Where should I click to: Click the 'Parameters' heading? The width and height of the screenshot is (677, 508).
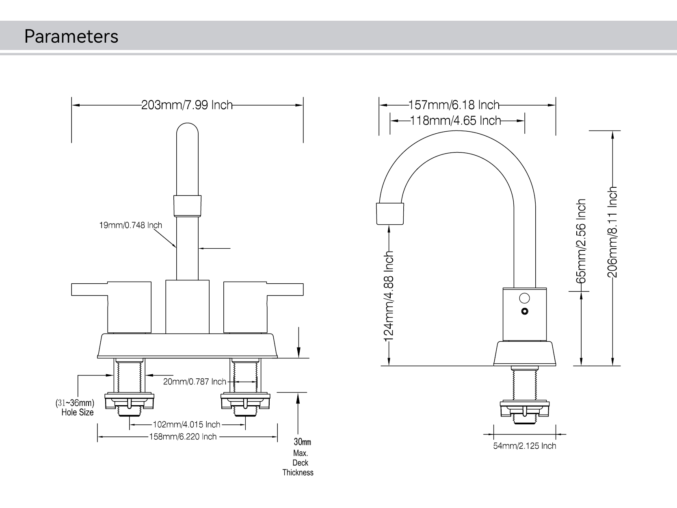pyautogui.click(x=71, y=36)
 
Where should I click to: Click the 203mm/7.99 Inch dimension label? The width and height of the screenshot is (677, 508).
pyautogui.click(x=187, y=105)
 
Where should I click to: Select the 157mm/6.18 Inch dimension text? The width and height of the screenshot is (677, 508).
pyautogui.click(x=454, y=105)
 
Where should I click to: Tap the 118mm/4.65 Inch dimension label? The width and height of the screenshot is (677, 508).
pyautogui.click(x=456, y=121)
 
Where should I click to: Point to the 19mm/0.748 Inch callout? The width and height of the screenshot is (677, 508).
pyautogui.click(x=130, y=225)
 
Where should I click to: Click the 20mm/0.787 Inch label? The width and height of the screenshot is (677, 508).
pyautogui.click(x=195, y=382)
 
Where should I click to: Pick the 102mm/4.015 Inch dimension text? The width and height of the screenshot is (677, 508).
pyautogui.click(x=186, y=425)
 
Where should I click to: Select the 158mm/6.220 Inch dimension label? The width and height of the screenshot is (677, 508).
pyautogui.click(x=183, y=437)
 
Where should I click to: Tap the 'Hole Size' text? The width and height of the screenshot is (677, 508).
pyautogui.click(x=78, y=412)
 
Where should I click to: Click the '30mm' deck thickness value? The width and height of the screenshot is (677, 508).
pyautogui.click(x=302, y=442)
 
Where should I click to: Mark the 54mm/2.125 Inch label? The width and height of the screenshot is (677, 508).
pyautogui.click(x=524, y=446)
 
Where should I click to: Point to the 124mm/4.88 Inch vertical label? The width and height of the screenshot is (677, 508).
pyautogui.click(x=389, y=295)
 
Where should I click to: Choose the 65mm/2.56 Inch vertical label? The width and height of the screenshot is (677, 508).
pyautogui.click(x=582, y=241)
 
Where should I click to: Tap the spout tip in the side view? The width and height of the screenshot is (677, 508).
pyautogui.click(x=390, y=213)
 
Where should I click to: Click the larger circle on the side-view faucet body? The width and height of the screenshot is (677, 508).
pyautogui.click(x=524, y=299)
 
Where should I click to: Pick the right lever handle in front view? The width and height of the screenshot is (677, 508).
pyautogui.click(x=263, y=301)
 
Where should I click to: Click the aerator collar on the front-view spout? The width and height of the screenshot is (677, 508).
pyautogui.click(x=187, y=206)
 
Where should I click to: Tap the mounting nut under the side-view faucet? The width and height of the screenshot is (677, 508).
pyautogui.click(x=525, y=408)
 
